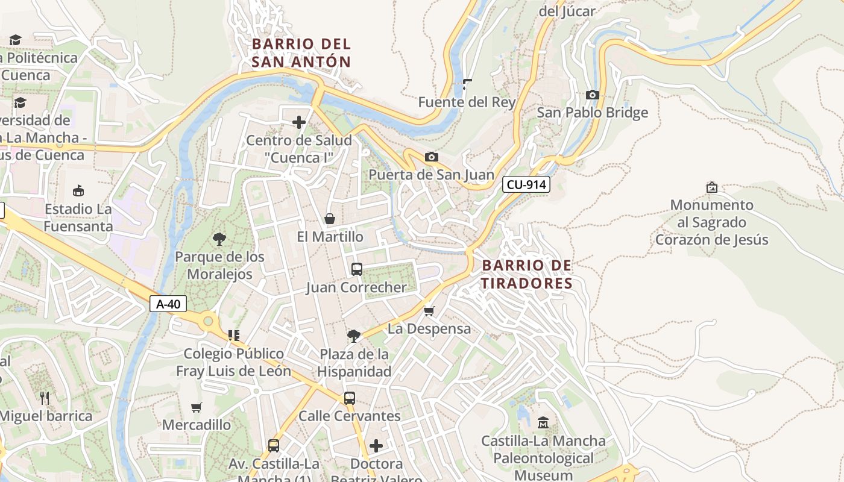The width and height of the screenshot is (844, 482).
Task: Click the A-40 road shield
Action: click(x=168, y=304)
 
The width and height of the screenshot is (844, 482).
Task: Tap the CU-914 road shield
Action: click(x=526, y=185)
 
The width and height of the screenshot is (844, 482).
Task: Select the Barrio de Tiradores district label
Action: click(x=527, y=274)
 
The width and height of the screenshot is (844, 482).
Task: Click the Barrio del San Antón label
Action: click(x=301, y=52)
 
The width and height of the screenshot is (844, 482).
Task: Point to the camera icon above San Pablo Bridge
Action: click(x=592, y=95)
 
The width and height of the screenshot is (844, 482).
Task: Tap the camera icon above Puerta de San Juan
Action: click(x=431, y=157)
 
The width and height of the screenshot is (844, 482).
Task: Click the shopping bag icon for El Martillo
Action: click(x=330, y=219)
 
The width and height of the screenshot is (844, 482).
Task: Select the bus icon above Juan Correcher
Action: click(x=356, y=269)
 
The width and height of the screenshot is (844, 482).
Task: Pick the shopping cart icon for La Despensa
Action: click(x=429, y=311)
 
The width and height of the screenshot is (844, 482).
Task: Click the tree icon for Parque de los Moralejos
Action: click(x=219, y=239)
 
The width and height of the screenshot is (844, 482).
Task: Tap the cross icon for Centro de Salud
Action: click(x=298, y=123)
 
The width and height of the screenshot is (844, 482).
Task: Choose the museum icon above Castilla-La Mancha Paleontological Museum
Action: click(x=543, y=423)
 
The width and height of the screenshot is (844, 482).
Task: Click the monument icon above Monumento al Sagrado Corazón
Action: click(x=711, y=187)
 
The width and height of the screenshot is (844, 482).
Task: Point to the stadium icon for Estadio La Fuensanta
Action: click(x=78, y=191)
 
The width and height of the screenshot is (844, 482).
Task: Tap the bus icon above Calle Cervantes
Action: click(x=349, y=398)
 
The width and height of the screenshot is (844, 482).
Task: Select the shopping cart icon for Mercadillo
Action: click(x=196, y=407)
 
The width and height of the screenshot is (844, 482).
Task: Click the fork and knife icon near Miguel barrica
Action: click(x=45, y=398)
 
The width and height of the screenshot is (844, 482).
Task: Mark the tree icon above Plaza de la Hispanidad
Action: click(x=354, y=336)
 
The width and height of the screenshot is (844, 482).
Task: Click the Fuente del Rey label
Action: click(x=467, y=102)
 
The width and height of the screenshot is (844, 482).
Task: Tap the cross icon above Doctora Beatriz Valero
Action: click(x=376, y=446)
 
